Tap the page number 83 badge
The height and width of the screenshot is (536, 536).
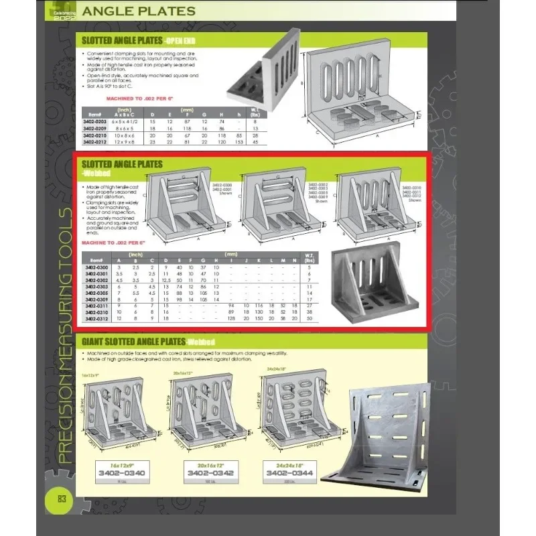(x=61, y=499)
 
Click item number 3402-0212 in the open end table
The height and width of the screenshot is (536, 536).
(x=94, y=142)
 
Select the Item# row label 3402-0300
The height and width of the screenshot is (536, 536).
(x=96, y=267)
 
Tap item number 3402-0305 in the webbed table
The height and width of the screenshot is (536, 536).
(x=96, y=293)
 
